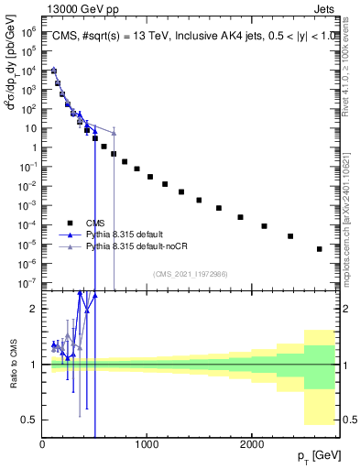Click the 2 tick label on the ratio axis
(x=33, y=309)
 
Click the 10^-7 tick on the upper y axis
(x=27, y=283)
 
